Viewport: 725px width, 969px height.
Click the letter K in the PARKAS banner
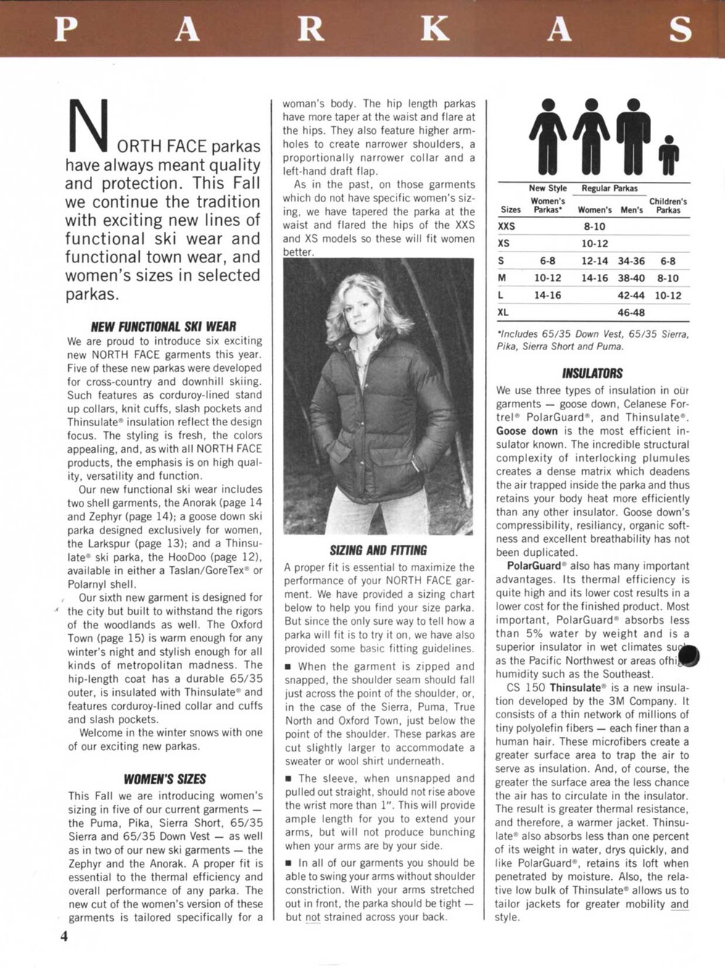tap(435, 29)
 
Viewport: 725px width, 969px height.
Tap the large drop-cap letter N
tap(88, 123)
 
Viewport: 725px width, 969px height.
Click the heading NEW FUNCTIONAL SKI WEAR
tap(163, 326)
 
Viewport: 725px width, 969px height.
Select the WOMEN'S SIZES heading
tap(165, 779)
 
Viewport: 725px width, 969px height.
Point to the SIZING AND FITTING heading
tap(378, 550)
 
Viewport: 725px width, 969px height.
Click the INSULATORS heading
tap(592, 373)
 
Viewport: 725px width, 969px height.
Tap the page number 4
tap(64, 936)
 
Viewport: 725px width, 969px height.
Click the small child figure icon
tap(669, 154)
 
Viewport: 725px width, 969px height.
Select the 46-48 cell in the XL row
tap(631, 312)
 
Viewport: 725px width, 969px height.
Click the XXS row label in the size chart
tap(507, 226)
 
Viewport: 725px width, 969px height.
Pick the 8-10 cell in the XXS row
tap(594, 226)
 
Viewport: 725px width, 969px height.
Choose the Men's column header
tap(631, 210)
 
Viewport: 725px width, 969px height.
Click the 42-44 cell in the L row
tap(631, 295)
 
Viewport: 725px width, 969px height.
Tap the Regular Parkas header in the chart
tap(609, 188)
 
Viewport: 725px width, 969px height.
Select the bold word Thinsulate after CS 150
tap(576, 687)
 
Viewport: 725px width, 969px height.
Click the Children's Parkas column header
tap(668, 206)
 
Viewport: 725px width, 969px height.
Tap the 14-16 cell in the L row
tap(547, 295)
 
